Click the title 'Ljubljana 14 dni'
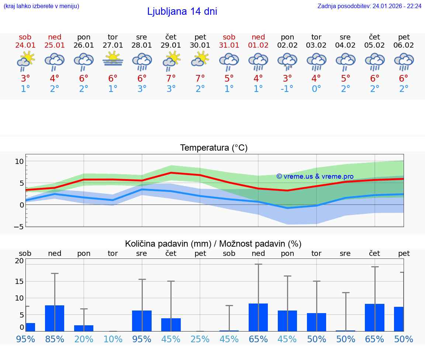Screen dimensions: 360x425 (182, 11)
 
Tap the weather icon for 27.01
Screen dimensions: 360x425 (113, 59)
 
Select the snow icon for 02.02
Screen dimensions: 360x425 (287, 61)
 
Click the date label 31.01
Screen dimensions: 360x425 (229, 45)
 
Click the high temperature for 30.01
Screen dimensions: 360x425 (200, 78)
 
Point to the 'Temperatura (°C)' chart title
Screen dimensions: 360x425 (214, 148)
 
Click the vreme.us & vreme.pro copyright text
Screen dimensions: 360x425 (315, 176)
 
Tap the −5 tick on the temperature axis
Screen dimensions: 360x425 (19, 226)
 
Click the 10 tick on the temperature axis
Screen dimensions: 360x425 (19, 161)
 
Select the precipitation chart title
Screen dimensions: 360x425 (213, 244)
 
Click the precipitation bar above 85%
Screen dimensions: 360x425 (55, 318)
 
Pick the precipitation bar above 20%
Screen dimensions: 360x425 (84, 328)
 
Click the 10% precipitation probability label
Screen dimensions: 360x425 (113, 339)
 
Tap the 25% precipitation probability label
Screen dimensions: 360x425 (200, 339)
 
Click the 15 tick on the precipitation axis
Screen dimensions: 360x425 (19, 281)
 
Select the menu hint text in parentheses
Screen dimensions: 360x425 (41, 6)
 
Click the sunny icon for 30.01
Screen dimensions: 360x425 (200, 59)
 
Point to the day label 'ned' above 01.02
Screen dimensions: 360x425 (258, 37)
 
